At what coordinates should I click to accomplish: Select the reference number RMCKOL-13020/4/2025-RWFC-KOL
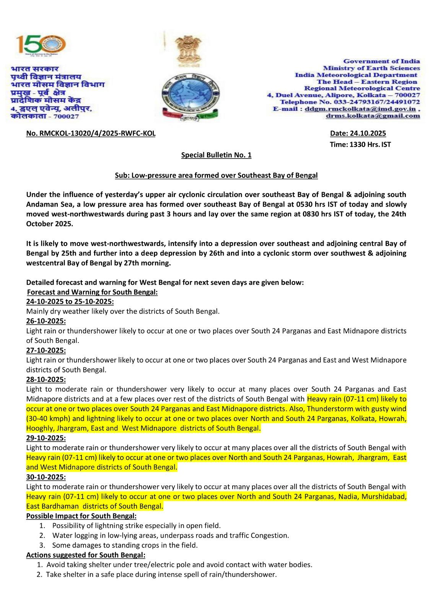91,133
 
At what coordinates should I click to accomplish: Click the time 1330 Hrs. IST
360,144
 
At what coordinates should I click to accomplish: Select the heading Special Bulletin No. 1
216,155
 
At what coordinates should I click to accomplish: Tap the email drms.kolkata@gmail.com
373,116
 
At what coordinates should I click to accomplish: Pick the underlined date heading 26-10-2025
46,321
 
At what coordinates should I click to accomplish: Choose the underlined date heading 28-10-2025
46,380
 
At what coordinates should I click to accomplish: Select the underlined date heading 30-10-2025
46,477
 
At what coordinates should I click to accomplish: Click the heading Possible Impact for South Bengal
81,516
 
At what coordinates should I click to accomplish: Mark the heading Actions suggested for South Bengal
86,555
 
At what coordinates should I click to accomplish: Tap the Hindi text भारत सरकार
35,69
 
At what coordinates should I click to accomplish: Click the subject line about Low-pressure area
216,175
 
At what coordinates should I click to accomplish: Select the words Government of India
381,61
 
